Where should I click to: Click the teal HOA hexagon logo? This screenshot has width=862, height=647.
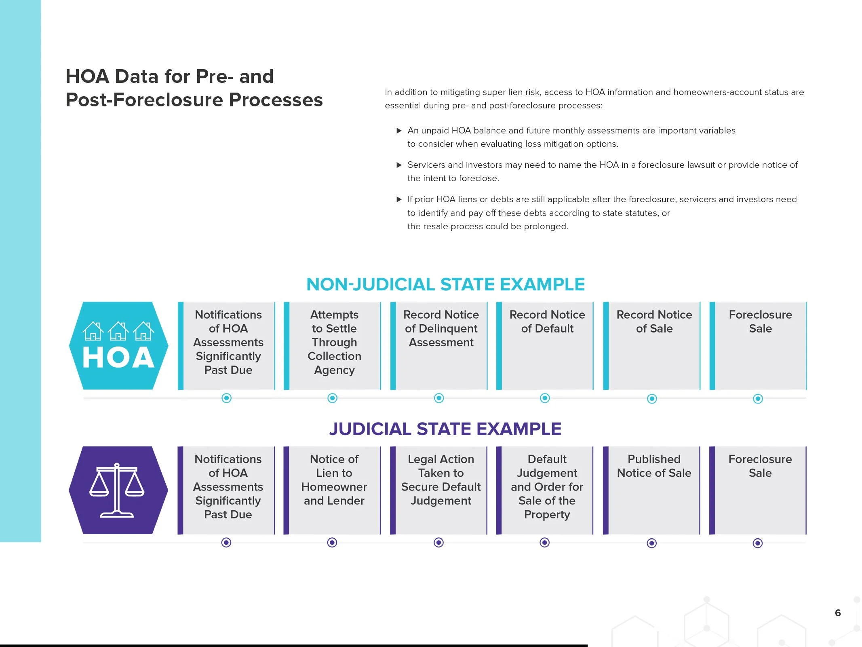pos(118,346)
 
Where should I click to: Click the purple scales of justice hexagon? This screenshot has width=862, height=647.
pos(118,490)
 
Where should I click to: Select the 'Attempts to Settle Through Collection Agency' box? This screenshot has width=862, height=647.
pos(334,346)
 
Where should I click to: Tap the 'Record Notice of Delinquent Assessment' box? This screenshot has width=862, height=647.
pos(440,346)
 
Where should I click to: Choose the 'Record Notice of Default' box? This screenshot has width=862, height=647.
pos(547,346)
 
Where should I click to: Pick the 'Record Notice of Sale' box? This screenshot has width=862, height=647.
pos(654,346)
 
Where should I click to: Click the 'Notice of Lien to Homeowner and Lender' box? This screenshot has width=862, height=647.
pos(334,490)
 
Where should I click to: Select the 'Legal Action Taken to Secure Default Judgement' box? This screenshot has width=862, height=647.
pos(440,490)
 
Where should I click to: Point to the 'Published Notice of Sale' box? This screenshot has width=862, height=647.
pos(653,490)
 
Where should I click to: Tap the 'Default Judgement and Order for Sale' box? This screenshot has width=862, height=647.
pos(547,490)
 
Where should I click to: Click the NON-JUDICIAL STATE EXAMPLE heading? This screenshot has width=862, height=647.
pos(445,284)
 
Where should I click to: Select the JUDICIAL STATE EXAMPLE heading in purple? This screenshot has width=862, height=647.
pos(445,429)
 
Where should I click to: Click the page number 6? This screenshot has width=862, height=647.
pos(838,613)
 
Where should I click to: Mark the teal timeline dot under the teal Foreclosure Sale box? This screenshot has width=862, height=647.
pos(758,399)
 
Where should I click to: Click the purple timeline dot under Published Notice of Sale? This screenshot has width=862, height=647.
pos(651,543)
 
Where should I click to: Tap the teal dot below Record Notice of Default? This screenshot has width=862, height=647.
pos(545,398)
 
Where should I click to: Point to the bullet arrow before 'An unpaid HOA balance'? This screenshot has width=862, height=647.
pos(399,131)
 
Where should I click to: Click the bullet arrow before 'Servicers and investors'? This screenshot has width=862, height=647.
pos(399,165)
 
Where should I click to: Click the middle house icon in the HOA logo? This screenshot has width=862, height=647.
pos(118,332)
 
